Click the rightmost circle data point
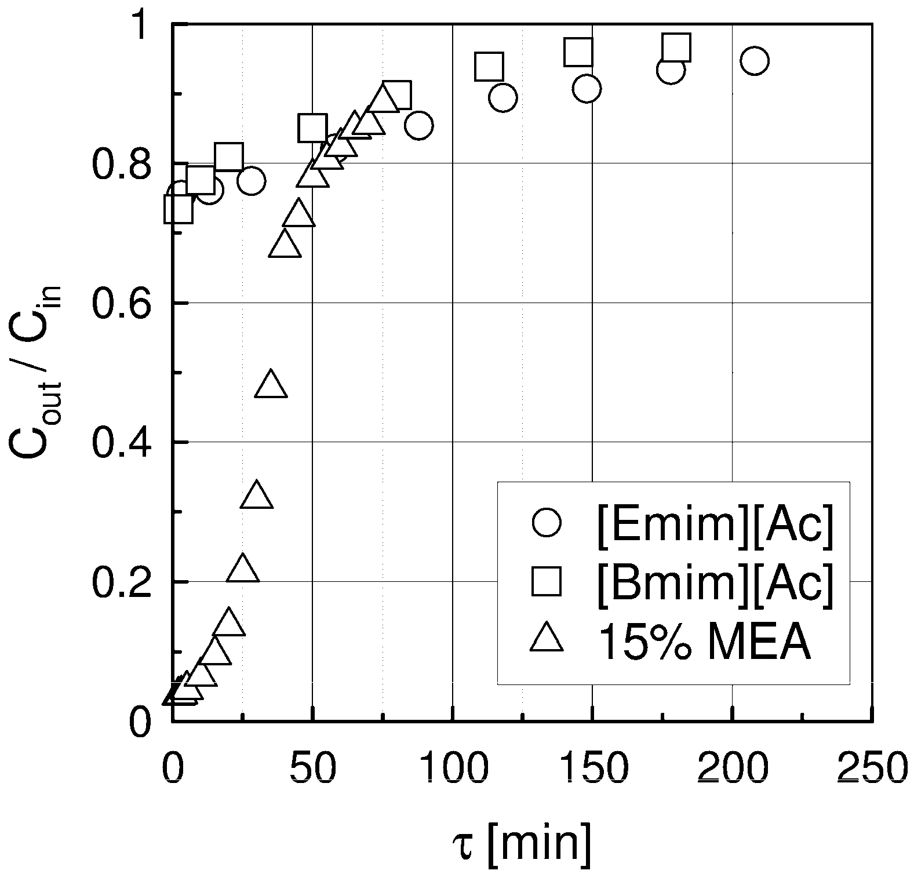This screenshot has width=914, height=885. click(x=754, y=61)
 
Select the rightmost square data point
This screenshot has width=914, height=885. click(x=676, y=48)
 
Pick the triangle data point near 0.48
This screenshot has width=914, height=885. click(x=271, y=385)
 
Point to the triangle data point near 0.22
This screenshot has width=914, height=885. click(x=243, y=569)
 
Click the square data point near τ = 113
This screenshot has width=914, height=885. click(x=489, y=66)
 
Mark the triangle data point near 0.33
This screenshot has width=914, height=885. click(x=257, y=496)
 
